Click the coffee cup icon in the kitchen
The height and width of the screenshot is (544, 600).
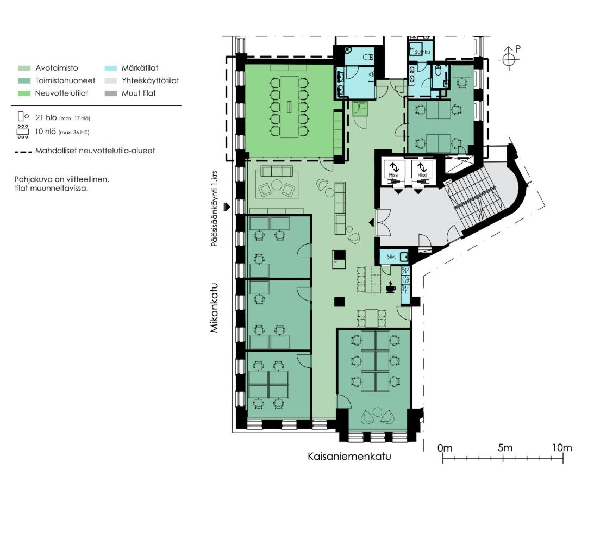pos(390,287)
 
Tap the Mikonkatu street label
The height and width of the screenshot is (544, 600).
pos(214,308)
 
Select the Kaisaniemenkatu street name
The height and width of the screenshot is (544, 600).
pos(349,457)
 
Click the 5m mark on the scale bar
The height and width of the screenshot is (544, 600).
pos(503,458)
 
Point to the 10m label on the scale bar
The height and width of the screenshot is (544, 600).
pos(562,447)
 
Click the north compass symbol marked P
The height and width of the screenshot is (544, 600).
pos(509,58)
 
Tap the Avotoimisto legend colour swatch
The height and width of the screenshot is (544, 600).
pos(24,68)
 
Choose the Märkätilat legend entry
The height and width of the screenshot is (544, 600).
pos(132,68)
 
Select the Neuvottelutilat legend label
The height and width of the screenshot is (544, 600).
pos(61,93)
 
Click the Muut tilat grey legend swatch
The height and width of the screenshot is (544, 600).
pos(110,93)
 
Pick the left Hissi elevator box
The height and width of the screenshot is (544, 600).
pos(393,170)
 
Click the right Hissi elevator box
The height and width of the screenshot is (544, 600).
pos(422,170)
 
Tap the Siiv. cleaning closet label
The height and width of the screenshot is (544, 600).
pos(391,257)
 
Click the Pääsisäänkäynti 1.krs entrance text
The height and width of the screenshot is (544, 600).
pos(215,209)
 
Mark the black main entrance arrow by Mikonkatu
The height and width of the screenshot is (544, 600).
pos(227,207)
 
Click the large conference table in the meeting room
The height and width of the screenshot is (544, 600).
pos(289,107)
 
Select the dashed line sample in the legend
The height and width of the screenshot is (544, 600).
pos(23,152)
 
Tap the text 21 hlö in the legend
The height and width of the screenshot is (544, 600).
pos(46,117)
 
